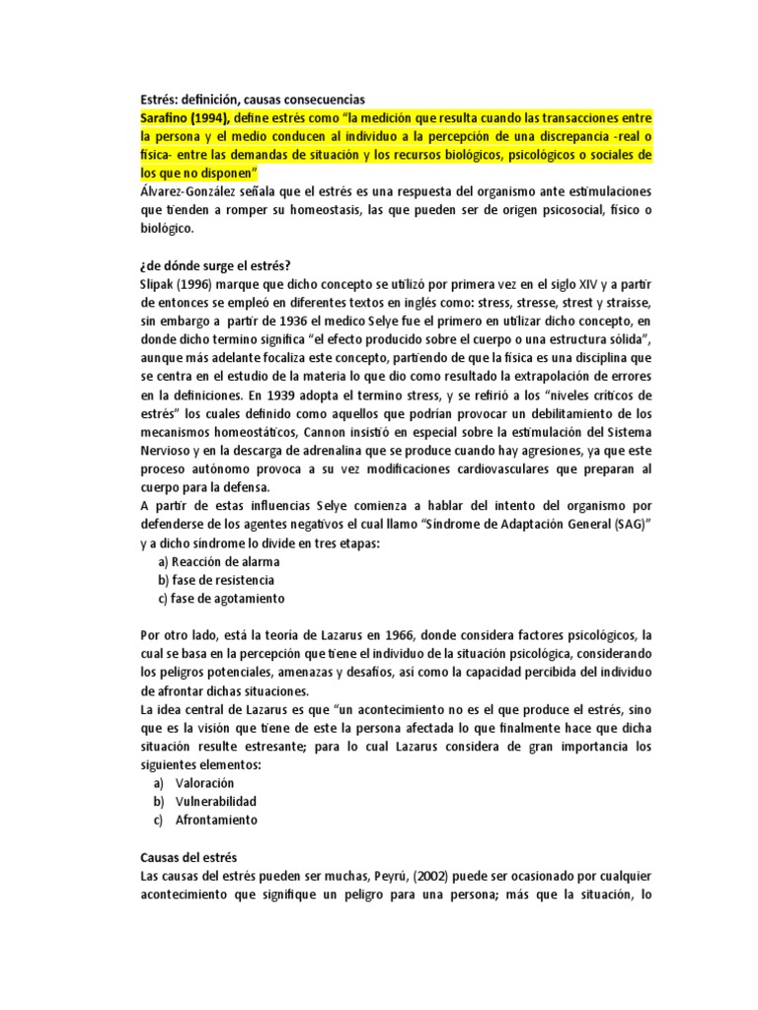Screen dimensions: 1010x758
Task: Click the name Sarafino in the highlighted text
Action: (166, 117)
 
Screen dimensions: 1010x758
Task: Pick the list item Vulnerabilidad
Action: (216, 801)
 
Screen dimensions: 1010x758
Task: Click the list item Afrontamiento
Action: (216, 820)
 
